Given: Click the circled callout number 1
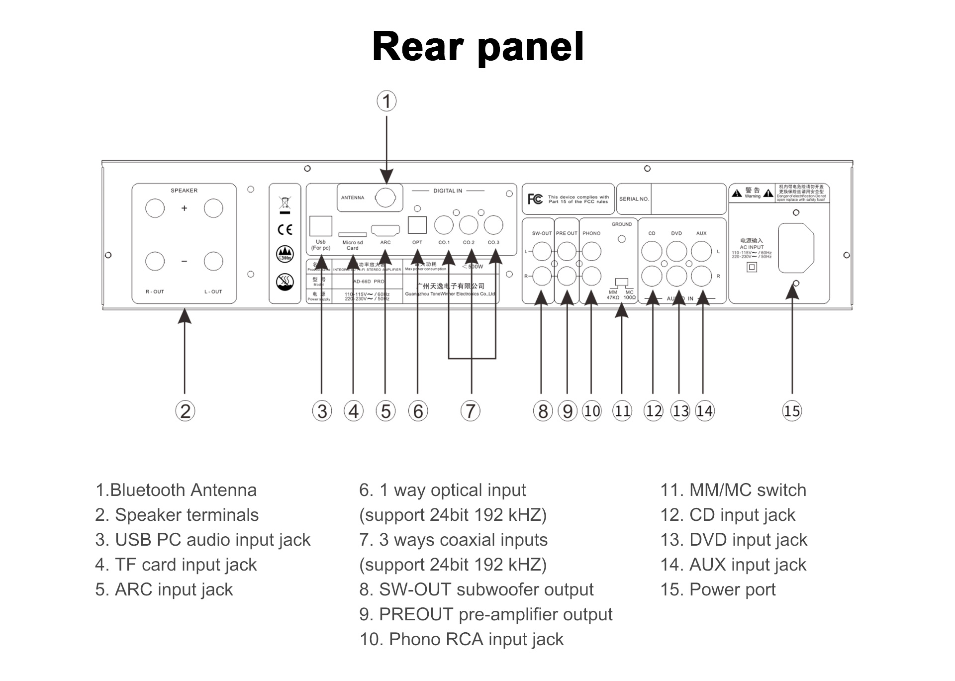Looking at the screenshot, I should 386,101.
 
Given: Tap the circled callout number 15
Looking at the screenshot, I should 792,411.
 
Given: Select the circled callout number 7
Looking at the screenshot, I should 471,411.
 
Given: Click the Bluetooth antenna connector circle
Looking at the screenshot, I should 385,197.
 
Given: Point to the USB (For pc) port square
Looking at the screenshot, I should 321,226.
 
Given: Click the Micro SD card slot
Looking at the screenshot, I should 352,234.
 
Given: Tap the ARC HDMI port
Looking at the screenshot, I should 385,231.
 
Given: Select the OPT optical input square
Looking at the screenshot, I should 417,225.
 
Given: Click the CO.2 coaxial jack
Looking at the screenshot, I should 469,225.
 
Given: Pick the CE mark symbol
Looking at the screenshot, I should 285,229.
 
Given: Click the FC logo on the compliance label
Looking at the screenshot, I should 535,199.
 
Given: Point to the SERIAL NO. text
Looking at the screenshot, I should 634,199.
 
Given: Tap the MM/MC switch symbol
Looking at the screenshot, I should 622,283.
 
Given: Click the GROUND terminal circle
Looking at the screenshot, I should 622,239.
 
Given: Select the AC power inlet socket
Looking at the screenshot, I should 796,248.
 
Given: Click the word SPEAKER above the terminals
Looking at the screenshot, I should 184,191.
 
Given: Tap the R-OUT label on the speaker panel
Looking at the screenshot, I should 155,292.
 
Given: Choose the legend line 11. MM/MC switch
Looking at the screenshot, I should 733,490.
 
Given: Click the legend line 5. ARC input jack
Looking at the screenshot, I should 164,589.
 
